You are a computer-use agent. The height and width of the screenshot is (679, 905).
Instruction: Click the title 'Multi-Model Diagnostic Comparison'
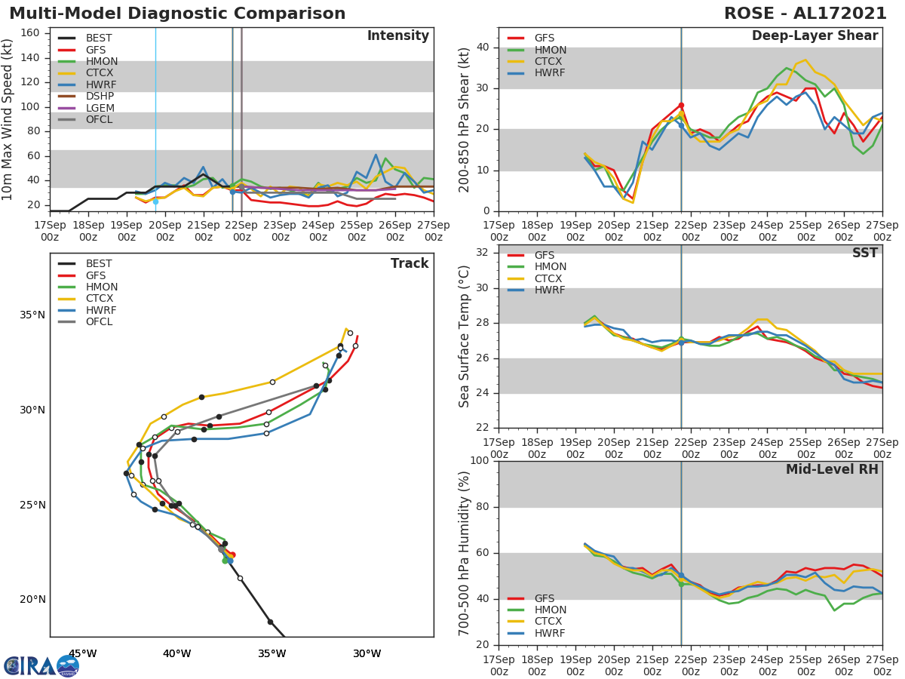pos(177,14)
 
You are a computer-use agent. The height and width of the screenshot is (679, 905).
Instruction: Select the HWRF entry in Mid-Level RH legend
pos(549,633)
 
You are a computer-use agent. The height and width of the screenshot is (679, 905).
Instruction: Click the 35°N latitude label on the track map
pos(32,315)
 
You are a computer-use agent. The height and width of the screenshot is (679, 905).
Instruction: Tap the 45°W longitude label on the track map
pos(82,653)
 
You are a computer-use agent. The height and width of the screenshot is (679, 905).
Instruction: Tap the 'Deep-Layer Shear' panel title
pos(814,36)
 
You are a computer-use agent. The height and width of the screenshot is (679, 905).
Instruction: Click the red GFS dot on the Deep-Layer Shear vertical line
pos(681,106)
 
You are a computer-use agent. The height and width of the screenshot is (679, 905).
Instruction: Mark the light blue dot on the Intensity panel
pos(155,201)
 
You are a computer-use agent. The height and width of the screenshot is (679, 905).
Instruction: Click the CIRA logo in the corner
pos(41,665)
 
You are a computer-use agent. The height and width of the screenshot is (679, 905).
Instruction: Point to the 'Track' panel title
pos(409,263)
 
